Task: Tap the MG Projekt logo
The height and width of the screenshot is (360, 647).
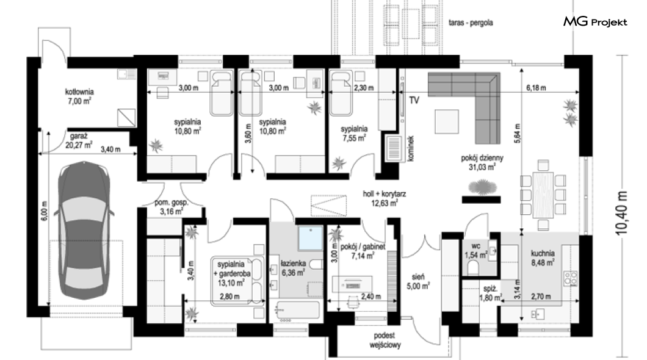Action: (595, 21)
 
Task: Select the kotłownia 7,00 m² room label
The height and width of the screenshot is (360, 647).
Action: (79, 96)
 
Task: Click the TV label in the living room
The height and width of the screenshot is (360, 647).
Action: (414, 100)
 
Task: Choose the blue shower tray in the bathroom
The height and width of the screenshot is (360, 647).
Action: (310, 238)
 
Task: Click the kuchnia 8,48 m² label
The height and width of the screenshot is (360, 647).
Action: (543, 257)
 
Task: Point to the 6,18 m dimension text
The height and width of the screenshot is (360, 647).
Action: (536, 88)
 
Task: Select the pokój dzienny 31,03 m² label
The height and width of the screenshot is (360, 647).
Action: (482, 162)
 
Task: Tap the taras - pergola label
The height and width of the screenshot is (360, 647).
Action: (471, 23)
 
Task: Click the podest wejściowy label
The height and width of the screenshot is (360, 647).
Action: (385, 340)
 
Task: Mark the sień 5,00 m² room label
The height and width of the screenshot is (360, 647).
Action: (418, 282)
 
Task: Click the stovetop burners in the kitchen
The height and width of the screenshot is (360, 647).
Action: (571, 278)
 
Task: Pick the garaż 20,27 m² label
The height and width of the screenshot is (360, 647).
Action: (78, 140)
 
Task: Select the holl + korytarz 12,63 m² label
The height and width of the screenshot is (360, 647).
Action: (384, 198)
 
